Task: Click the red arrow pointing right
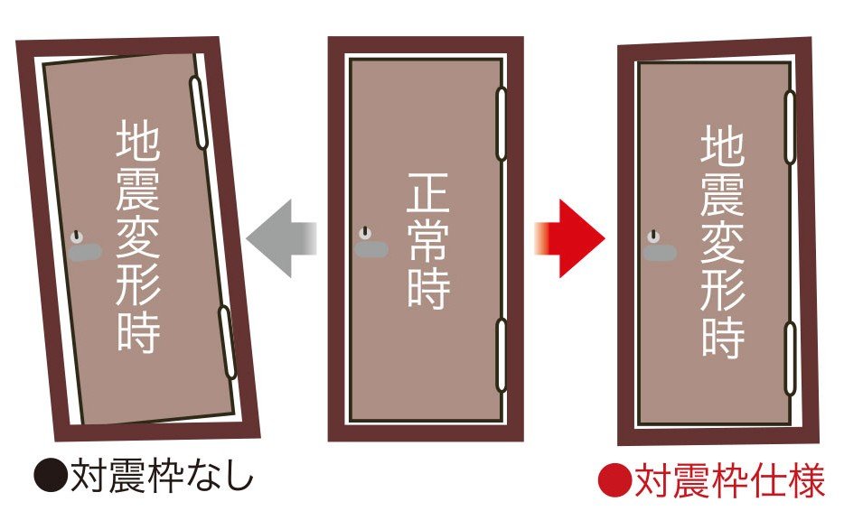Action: click(x=570, y=238)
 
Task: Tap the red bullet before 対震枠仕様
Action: click(x=614, y=479)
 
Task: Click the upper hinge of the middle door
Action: click(x=502, y=125)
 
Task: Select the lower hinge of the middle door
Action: click(x=502, y=355)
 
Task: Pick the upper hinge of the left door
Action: click(x=198, y=113)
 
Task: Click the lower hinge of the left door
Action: click(x=227, y=342)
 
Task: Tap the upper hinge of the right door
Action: click(x=790, y=127)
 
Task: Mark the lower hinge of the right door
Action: click(x=790, y=358)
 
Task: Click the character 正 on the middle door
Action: click(x=428, y=192)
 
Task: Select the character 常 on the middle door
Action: click(x=428, y=239)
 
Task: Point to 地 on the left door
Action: click(x=137, y=141)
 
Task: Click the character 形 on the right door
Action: click(x=722, y=289)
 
